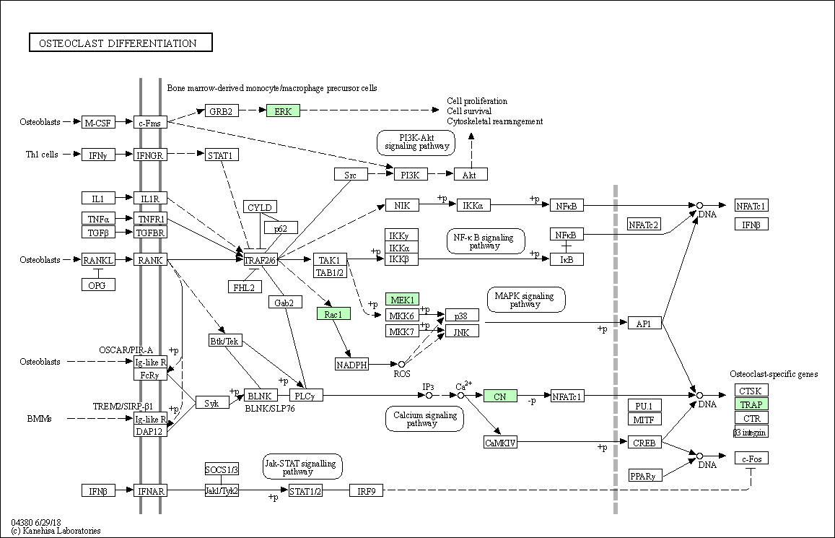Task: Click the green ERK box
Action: pos(284,110)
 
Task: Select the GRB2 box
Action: pos(221,110)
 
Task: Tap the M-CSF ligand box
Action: pos(99,123)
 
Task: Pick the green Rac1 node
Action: pos(333,313)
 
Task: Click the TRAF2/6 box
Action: pos(261,260)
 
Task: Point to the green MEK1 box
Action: pos(402,299)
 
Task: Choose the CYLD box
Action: pos(260,207)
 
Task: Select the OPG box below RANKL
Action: pos(98,285)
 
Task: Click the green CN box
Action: pos(500,396)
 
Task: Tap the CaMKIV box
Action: pos(500,442)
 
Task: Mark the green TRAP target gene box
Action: pos(751,404)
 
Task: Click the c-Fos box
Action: pos(751,458)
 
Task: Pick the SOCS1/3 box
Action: pos(222,469)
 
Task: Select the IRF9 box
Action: pos(367,490)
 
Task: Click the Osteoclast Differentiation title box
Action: pos(121,43)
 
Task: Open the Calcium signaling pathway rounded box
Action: pos(424,419)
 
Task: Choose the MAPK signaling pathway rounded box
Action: pos(526,300)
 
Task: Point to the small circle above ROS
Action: pos(401,365)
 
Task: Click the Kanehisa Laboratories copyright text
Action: pos(56,531)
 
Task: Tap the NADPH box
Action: pos(351,365)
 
